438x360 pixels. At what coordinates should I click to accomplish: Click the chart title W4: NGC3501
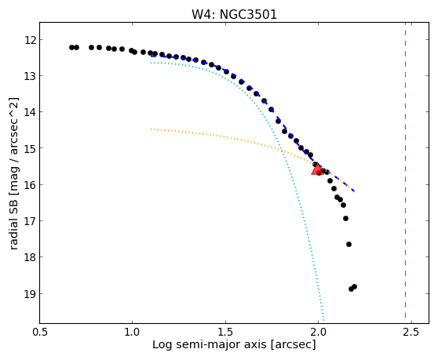234,14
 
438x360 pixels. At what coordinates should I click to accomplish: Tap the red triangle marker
317,169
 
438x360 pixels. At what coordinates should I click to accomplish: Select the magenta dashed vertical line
405,170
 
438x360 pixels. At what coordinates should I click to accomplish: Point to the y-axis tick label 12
31,40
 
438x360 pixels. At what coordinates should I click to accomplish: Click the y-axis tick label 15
31,148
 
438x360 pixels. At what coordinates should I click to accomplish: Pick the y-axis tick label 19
31,293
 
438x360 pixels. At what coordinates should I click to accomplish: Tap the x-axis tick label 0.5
40,332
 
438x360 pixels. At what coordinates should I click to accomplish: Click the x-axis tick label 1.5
225,332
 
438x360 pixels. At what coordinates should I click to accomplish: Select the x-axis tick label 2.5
411,332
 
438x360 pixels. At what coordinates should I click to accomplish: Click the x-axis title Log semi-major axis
210,345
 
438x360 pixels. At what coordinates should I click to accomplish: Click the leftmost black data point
71,47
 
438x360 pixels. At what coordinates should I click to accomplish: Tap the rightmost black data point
355,286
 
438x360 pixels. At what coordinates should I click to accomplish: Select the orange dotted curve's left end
151,129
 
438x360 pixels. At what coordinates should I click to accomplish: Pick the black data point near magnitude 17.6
349,244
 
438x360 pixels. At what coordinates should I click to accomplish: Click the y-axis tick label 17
31,220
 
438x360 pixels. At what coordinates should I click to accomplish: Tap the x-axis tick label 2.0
318,332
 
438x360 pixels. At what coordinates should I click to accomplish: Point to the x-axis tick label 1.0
132,332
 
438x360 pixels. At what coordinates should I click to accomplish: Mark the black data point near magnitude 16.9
346,218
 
